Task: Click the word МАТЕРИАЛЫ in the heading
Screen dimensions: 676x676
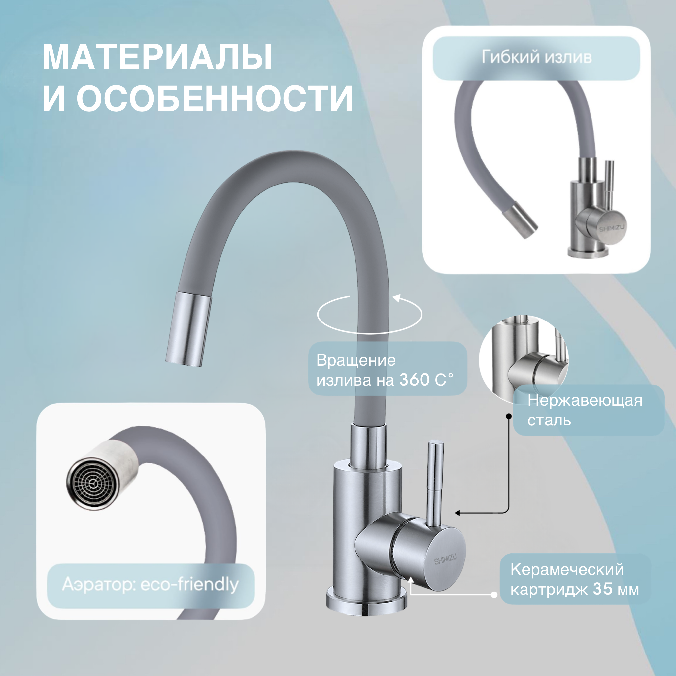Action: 157,58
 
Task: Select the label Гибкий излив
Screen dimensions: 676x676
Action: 536,57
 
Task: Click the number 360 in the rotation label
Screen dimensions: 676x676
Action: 415,380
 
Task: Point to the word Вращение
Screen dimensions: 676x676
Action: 356,360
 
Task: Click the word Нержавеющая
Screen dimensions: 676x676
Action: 585,401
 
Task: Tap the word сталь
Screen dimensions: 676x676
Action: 549,420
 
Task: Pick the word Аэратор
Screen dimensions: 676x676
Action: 99,584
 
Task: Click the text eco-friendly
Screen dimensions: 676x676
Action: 189,584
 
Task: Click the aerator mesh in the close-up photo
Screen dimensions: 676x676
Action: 92,484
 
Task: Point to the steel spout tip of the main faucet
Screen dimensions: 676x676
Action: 189,329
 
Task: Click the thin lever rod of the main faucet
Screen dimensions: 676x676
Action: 436,483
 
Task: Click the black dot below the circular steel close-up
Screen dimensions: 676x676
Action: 509,416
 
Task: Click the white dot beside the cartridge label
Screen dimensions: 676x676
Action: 494,594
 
